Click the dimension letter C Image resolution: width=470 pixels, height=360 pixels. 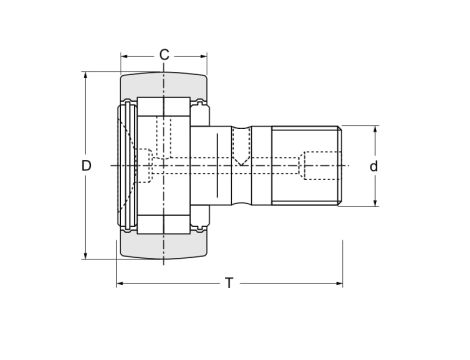click(163, 54)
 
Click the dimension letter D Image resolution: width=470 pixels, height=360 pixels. click(87, 165)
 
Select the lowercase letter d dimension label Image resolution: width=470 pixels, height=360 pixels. click(373, 166)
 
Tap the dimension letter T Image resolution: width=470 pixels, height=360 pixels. click(229, 283)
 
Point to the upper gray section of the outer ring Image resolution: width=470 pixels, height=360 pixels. click(163, 85)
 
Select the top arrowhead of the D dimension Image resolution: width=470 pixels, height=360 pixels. click(87, 76)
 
